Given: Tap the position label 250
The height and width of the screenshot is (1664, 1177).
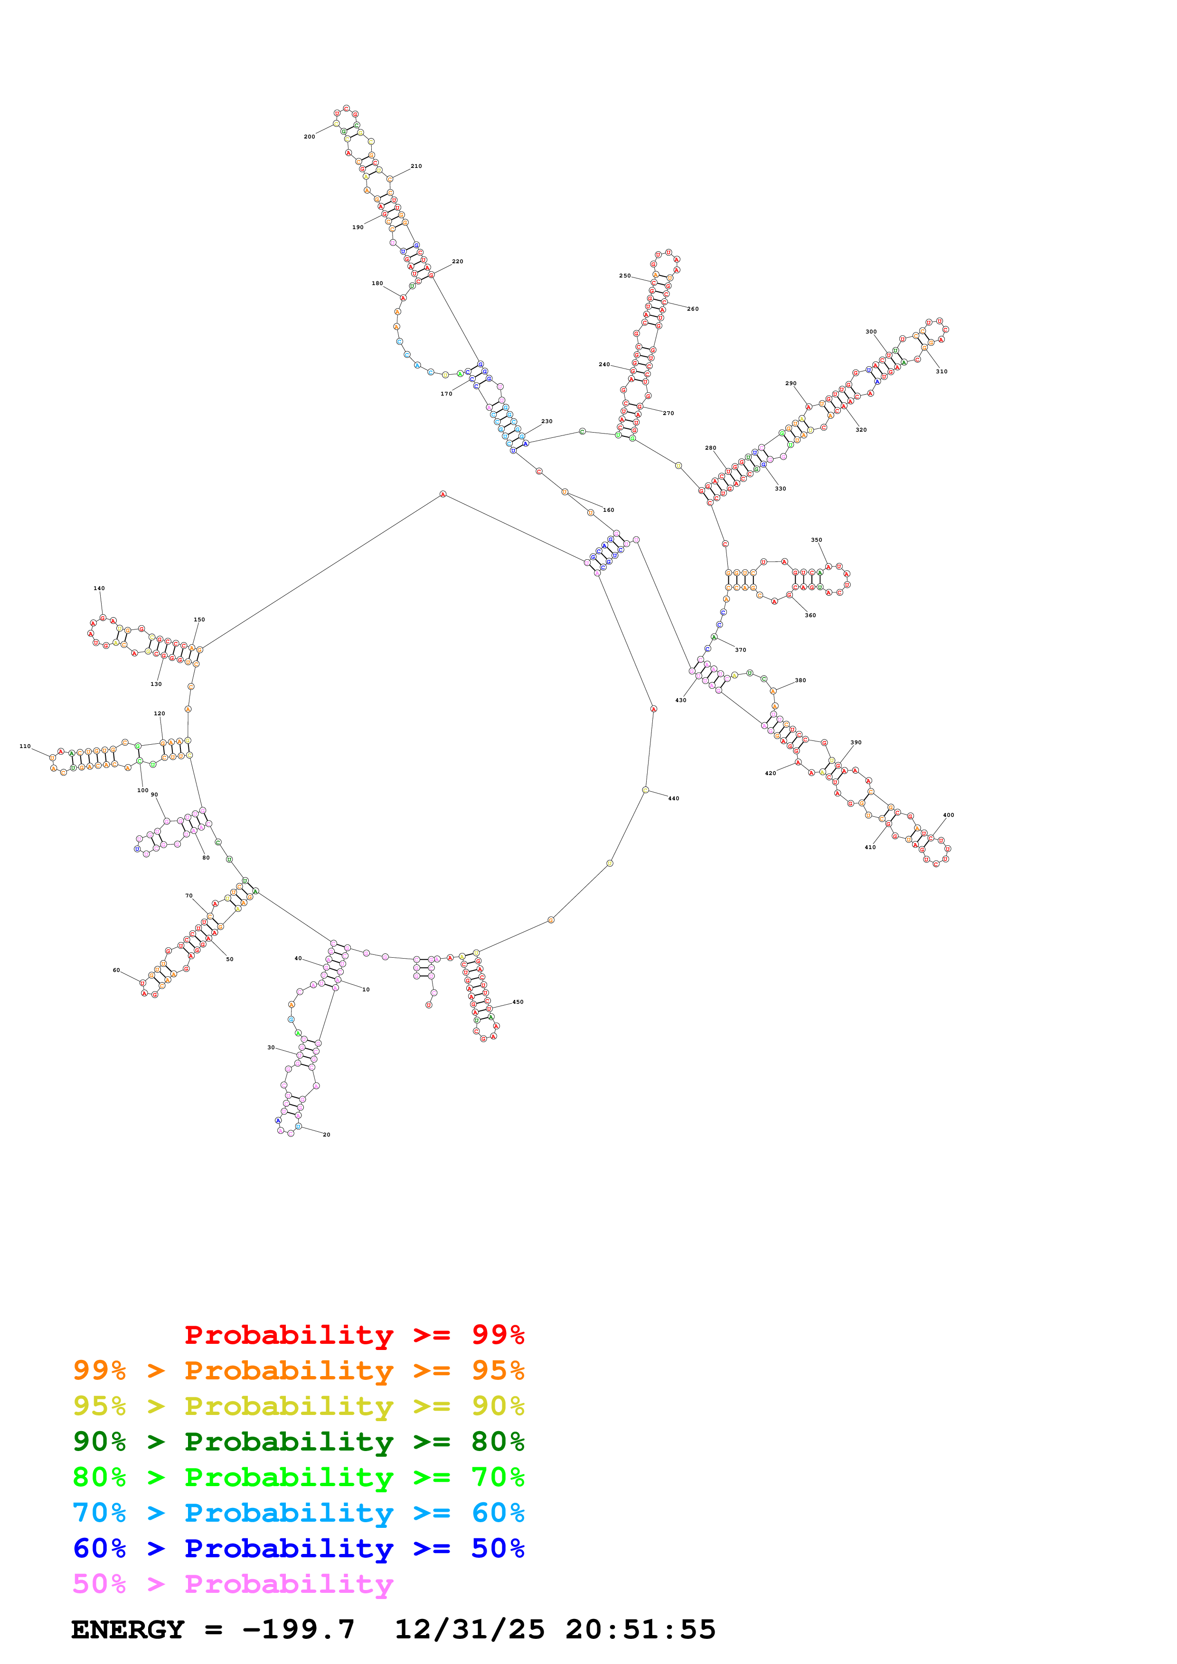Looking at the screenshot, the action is point(624,276).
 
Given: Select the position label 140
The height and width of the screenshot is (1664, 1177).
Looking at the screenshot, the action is point(99,589).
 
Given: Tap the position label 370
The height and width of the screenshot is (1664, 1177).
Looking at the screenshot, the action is point(740,650).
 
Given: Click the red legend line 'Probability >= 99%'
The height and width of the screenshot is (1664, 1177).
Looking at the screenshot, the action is point(354,1335).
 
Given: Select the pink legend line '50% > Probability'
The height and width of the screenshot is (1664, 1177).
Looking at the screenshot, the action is point(233,1584).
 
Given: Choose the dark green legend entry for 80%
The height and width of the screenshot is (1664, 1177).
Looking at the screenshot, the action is point(298,1442).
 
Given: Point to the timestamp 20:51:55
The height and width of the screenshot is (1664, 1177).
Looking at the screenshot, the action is point(640,1629).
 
